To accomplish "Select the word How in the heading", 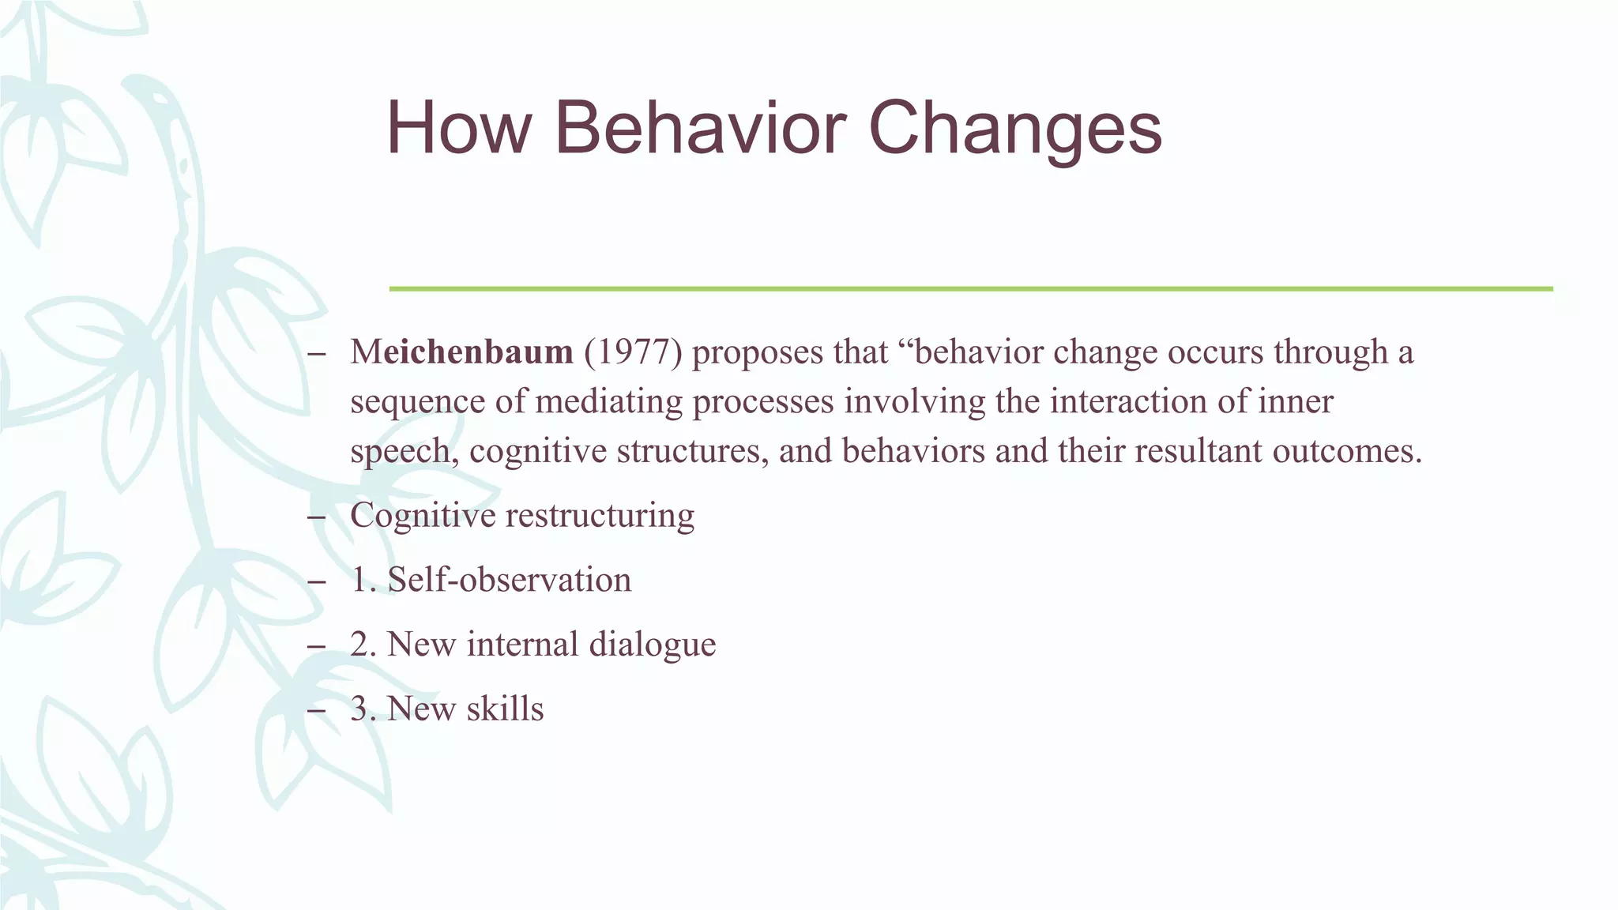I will coord(457,128).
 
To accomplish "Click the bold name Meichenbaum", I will coord(462,352).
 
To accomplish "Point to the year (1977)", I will coord(633,352).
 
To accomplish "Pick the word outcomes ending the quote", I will coord(1346,451).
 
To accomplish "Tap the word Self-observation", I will coord(510,580).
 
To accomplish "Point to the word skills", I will coord(505,709).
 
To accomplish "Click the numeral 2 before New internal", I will coord(360,645).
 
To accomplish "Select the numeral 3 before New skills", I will coord(360,709).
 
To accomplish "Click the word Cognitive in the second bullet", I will coord(423,516).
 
